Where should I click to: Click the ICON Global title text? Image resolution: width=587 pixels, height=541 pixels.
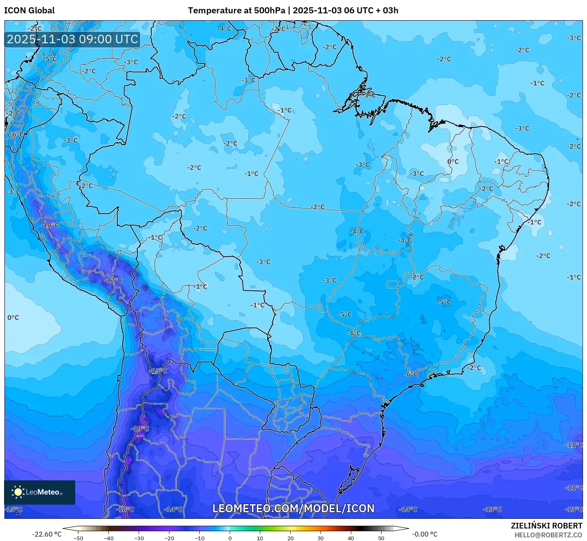point(30,11)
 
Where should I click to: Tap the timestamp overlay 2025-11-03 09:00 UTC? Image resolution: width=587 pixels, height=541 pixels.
point(72,39)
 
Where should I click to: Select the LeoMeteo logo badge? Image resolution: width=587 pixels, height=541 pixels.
point(40,492)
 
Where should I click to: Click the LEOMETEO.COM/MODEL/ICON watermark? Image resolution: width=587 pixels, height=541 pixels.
point(293,508)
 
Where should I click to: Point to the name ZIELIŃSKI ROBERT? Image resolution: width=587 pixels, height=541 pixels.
point(546,526)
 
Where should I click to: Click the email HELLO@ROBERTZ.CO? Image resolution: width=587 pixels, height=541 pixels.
point(548,535)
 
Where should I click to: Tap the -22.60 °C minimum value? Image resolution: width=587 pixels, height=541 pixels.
point(47,534)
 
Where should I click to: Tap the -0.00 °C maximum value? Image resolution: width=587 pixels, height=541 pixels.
point(424,534)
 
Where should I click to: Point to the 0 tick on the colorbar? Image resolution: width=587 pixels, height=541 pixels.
point(230,538)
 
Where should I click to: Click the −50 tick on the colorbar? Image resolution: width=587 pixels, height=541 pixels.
point(78,538)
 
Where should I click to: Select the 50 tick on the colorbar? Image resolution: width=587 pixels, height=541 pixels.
point(381,538)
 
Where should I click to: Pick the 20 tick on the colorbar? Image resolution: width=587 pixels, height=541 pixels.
point(291,538)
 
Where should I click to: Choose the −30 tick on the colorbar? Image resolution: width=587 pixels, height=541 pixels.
point(139,538)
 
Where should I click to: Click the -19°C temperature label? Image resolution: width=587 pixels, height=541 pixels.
point(140,429)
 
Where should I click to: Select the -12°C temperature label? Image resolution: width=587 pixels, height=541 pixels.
point(113,280)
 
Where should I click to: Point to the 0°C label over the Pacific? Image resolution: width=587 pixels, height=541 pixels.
point(13,317)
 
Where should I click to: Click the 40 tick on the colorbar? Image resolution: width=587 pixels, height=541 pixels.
point(351,538)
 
